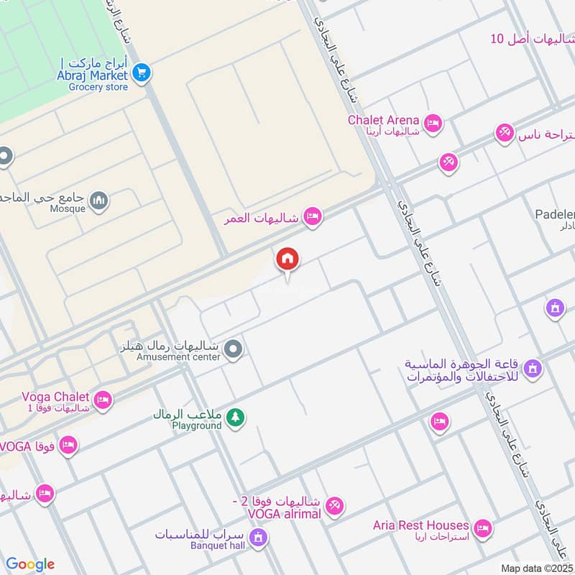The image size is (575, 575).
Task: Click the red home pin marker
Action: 287,259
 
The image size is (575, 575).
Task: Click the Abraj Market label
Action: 93,73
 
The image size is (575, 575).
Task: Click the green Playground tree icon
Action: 235,417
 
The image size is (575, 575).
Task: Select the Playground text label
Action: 196,425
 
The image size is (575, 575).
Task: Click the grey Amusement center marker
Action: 233,350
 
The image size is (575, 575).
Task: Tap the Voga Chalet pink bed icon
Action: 103,400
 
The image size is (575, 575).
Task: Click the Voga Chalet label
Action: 55,397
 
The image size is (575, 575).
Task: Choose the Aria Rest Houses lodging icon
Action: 483,528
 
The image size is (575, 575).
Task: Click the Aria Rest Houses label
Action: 420,525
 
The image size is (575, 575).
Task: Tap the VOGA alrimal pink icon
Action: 334,507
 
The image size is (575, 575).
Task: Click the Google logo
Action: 30,564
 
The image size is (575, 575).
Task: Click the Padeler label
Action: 555,214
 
